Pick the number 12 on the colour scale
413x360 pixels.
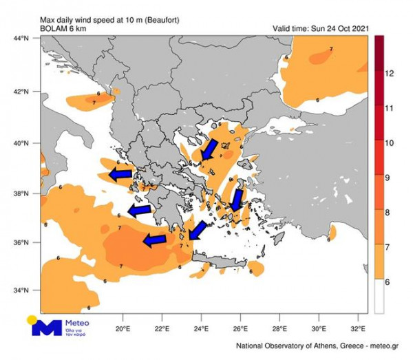click(390, 72)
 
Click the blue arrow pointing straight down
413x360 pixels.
click(237, 200)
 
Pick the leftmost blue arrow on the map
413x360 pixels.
click(121, 174)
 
